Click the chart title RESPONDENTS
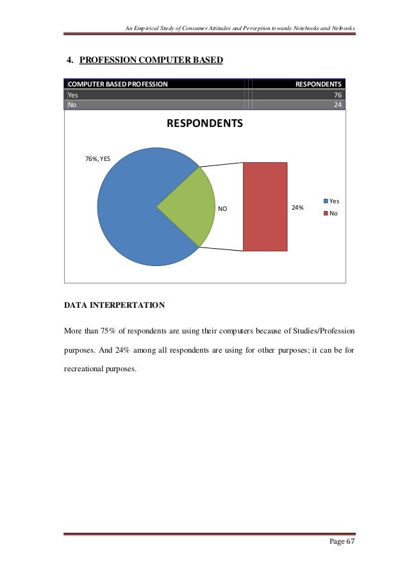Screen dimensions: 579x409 [205, 123]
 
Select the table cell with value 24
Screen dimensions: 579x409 [337, 105]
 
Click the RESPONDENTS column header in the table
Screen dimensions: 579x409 [318, 84]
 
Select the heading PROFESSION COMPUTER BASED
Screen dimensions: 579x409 [151, 60]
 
